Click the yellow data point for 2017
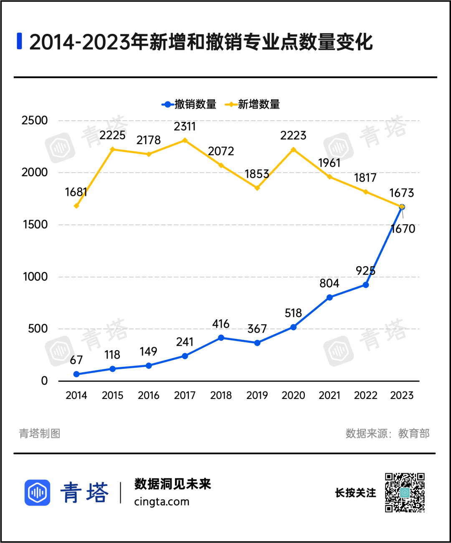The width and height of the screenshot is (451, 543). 185,141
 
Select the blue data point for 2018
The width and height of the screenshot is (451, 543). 221,338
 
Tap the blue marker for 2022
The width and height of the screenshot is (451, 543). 366,285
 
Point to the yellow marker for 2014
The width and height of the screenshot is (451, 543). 76,206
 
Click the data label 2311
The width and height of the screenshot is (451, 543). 185,126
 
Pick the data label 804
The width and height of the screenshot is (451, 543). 329,283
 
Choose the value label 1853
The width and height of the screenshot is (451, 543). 257,174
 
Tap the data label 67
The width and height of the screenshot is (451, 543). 76,360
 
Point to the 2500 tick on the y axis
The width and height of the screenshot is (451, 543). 35,121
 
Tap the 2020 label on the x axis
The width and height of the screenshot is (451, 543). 293,395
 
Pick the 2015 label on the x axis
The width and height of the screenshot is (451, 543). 112,395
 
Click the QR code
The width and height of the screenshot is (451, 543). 405,492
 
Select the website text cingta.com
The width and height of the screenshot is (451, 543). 162,502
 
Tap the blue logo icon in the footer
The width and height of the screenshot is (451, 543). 38,492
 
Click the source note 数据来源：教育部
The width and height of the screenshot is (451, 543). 387,434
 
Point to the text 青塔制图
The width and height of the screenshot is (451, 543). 40,434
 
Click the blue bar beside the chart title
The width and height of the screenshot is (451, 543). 19,41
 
